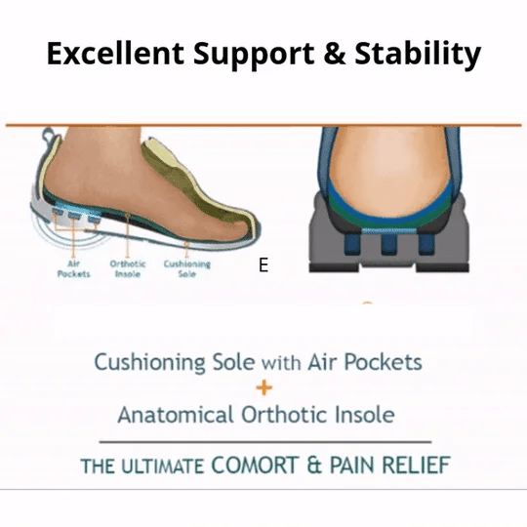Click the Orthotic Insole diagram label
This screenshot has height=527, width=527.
[127, 268]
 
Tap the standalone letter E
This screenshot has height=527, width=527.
[263, 264]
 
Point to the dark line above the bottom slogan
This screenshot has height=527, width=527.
[263, 441]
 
